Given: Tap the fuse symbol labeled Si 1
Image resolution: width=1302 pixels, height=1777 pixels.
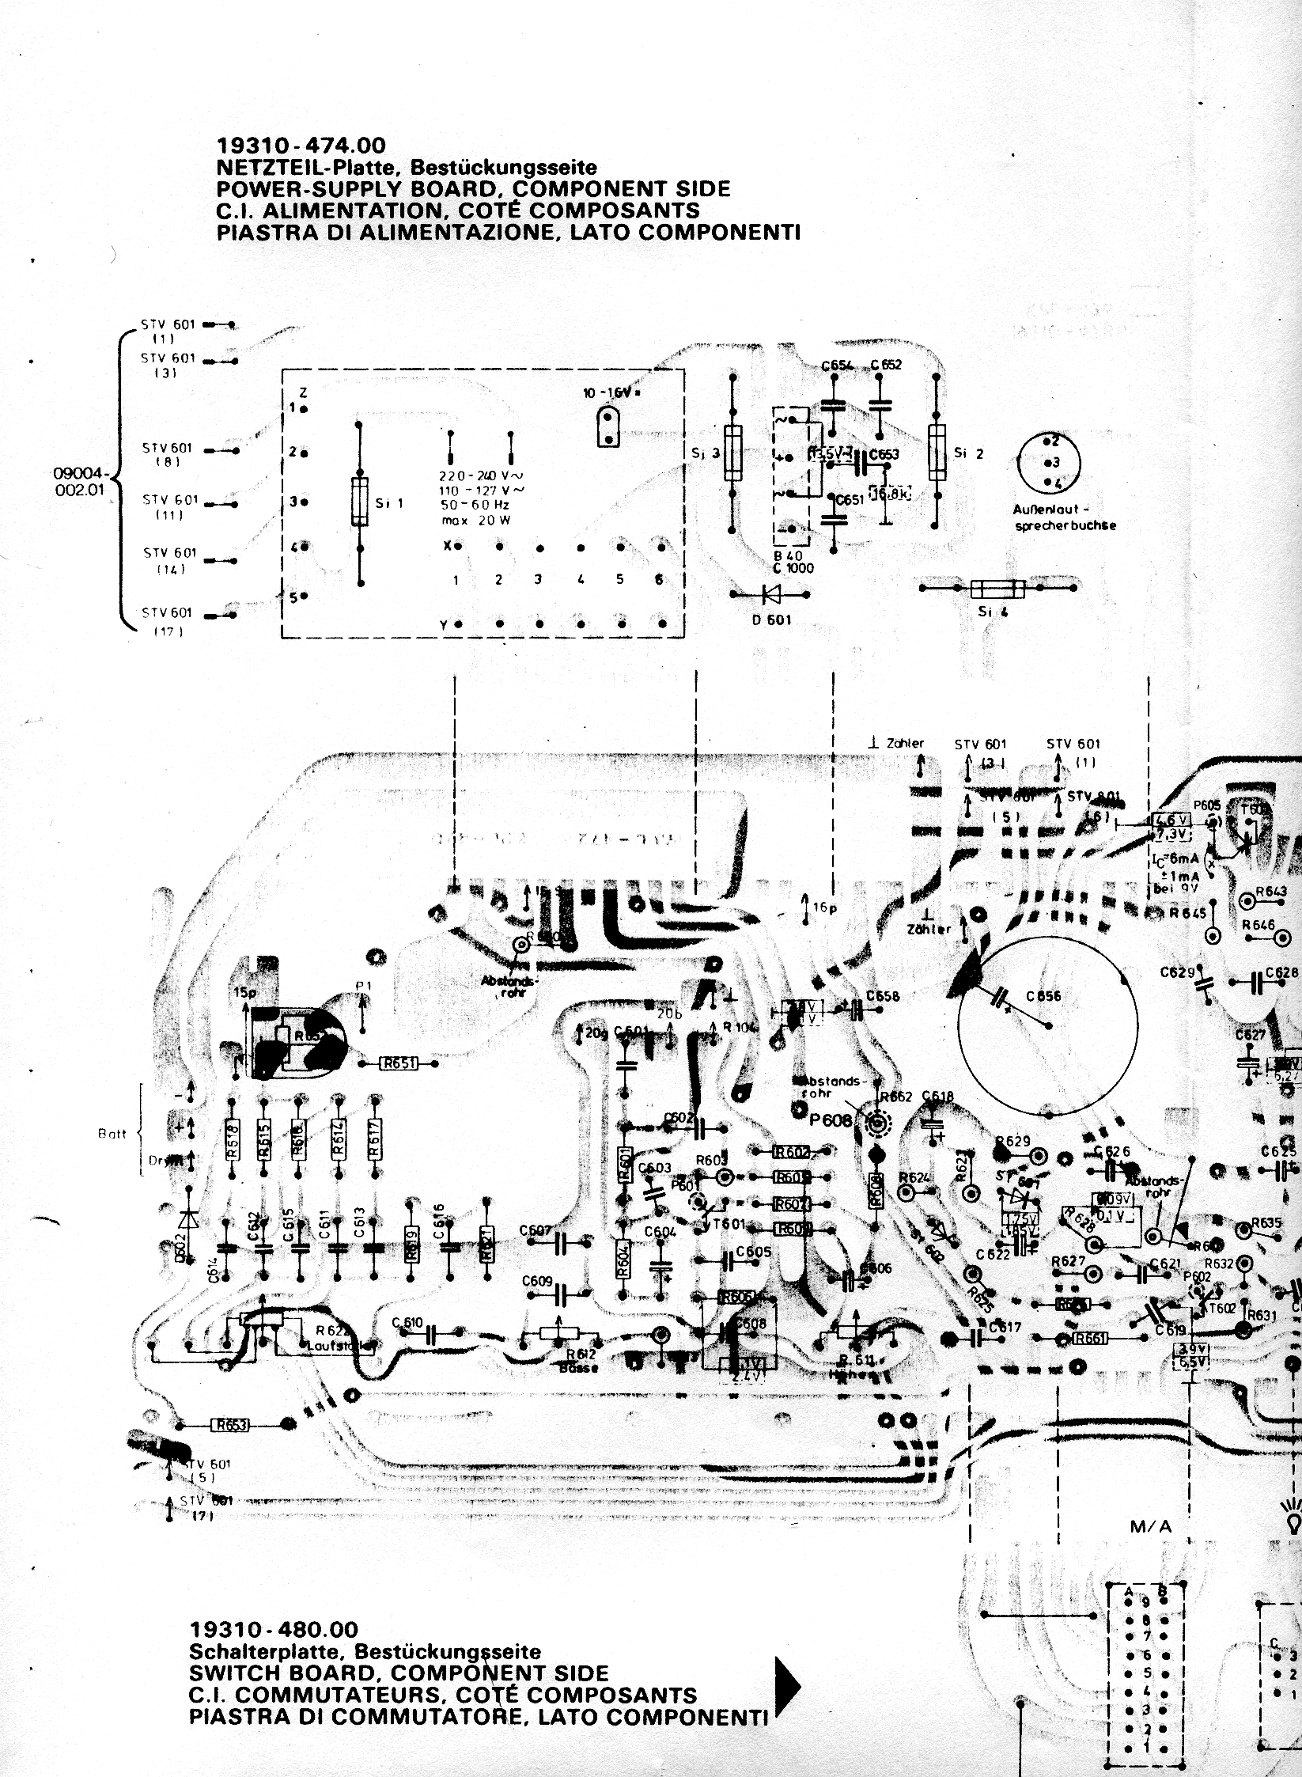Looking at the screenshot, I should click(x=360, y=502).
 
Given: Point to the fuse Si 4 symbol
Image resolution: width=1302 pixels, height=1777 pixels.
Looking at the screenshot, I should click(x=997, y=589).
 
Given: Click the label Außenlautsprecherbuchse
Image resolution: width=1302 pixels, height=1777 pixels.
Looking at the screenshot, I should click(x=1064, y=518).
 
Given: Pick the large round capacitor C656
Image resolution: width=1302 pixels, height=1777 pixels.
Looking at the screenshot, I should click(x=1047, y=1026).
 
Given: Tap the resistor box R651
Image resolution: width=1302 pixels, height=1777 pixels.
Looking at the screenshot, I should click(x=400, y=1064).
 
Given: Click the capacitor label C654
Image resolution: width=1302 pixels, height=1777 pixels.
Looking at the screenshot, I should click(x=837, y=366).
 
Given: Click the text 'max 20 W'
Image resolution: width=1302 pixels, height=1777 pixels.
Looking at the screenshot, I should click(x=475, y=519).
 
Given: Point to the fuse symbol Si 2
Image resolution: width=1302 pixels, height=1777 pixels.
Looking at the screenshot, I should click(x=937, y=453).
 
